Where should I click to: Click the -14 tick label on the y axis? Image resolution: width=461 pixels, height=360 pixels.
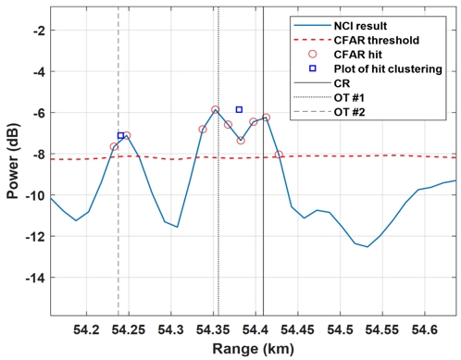[35, 279]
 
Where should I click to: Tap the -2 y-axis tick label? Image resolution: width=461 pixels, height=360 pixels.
[38, 31]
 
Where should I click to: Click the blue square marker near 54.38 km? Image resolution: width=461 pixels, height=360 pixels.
[239, 109]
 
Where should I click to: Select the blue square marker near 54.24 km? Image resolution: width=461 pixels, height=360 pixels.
[120, 136]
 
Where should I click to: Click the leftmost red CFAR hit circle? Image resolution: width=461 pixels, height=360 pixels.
[114, 146]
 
